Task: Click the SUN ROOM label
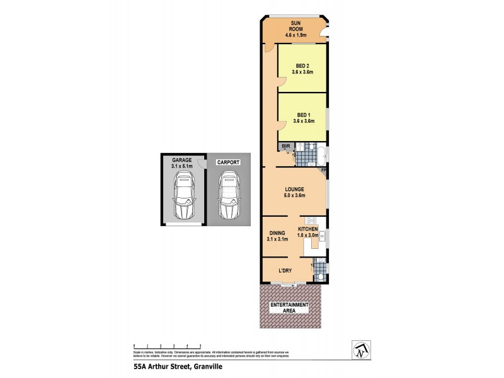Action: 296,29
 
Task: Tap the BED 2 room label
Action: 303,68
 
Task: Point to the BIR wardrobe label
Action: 285,146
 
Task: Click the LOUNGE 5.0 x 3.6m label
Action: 294,192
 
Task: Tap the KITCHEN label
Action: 316,231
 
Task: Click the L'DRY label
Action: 287,272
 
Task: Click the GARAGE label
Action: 181,164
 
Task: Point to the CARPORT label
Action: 228,162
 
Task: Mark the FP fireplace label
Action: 323,171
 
